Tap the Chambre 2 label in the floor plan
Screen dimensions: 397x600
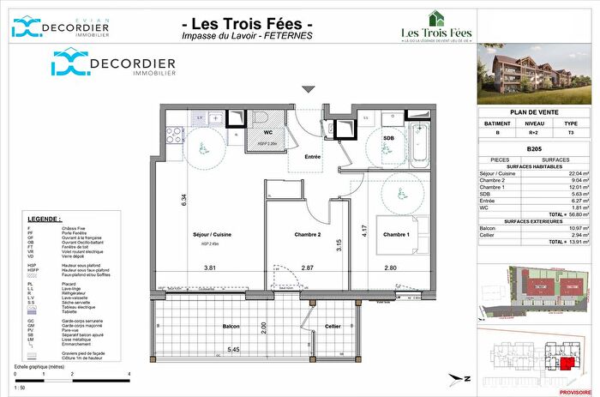(x=306, y=234)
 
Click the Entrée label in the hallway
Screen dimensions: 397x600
(x=313, y=156)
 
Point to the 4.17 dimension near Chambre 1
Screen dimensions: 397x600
(x=364, y=230)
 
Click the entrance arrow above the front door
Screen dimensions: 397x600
(x=309, y=88)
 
